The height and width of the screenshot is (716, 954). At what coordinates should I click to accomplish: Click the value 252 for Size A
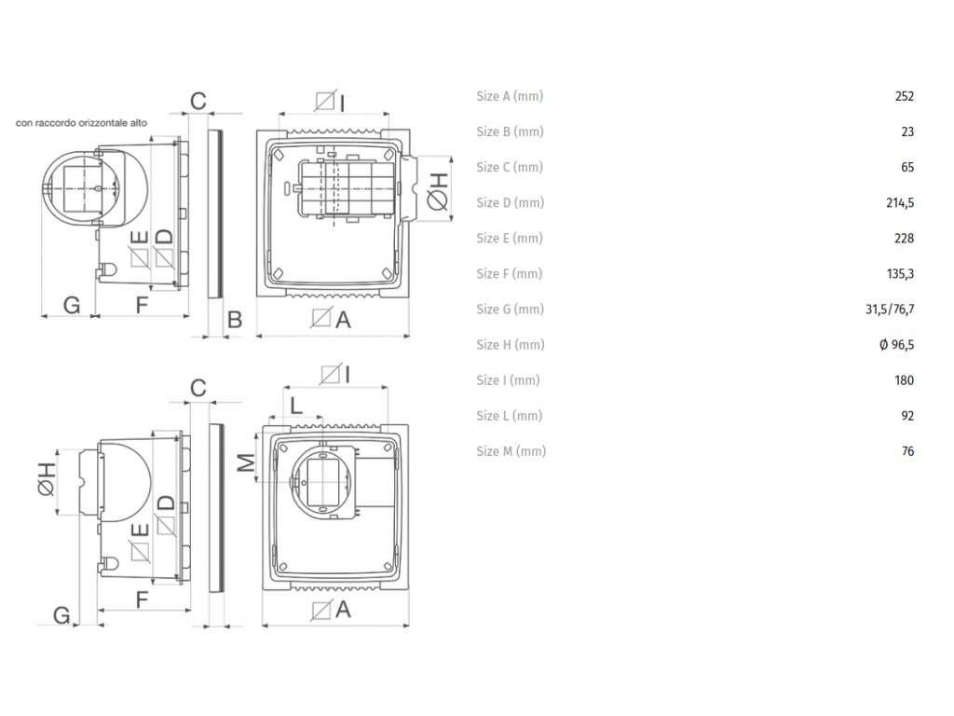click(x=904, y=96)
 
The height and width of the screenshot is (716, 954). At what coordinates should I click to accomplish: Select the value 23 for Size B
click(x=907, y=131)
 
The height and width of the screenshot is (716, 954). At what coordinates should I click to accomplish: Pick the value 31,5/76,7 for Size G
click(x=892, y=309)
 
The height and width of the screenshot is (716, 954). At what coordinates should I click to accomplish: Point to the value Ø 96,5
click(x=896, y=344)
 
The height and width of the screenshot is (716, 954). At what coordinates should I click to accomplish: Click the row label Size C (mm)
click(x=509, y=167)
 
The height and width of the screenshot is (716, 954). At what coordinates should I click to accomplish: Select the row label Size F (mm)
click(x=509, y=273)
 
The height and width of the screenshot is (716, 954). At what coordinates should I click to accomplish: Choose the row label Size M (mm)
click(x=511, y=451)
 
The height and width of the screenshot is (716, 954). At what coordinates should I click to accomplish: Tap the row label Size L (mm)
click(x=509, y=416)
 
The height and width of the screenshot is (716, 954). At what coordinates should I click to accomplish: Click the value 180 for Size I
click(x=904, y=380)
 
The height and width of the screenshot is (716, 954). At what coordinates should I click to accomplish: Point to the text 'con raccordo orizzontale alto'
click(x=82, y=122)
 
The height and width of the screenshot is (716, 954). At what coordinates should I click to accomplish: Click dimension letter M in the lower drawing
click(x=245, y=461)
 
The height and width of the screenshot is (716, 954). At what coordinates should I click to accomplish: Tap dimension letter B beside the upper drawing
click(x=235, y=320)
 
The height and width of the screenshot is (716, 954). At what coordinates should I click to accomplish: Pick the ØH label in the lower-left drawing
click(x=47, y=482)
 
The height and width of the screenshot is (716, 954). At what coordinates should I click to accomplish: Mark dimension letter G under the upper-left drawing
click(x=70, y=303)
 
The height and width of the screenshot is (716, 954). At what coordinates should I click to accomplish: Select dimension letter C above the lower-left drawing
click(x=197, y=387)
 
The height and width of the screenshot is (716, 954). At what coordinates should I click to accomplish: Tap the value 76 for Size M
click(x=907, y=451)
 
